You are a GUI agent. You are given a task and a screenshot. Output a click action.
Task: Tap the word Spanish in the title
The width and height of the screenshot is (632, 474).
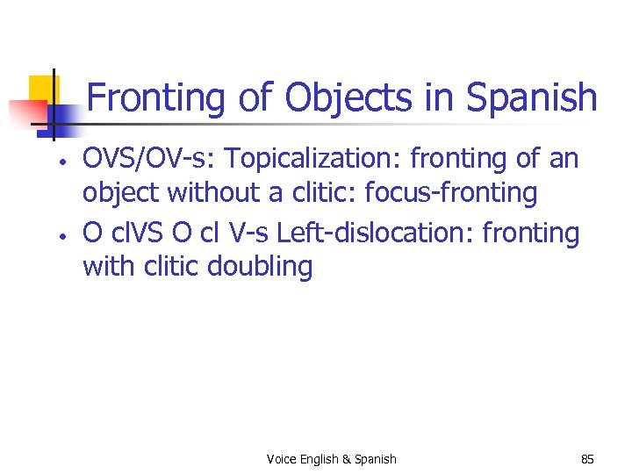click(532, 98)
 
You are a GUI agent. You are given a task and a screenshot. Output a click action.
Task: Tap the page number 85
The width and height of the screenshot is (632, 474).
click(587, 459)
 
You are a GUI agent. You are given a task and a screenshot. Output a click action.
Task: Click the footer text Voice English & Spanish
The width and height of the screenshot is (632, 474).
click(331, 459)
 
